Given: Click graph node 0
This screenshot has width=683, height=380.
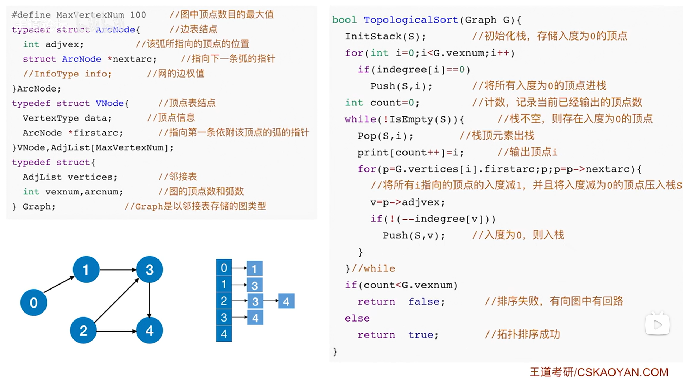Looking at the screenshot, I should (x=33, y=302).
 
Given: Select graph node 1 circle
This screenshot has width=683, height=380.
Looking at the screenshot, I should (x=86, y=269).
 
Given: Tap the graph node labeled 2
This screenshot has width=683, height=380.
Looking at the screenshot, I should (x=83, y=330).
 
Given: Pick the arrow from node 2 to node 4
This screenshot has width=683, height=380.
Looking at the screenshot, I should (x=116, y=331).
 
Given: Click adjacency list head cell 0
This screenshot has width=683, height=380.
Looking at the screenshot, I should (x=224, y=268).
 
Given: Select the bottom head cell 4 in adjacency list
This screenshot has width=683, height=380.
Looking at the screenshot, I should (x=224, y=334).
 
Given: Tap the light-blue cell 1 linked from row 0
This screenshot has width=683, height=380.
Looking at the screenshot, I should (x=254, y=268).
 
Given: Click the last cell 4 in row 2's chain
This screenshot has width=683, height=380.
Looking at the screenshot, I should (x=286, y=301).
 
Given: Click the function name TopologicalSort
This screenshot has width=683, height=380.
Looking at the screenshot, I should (x=411, y=20).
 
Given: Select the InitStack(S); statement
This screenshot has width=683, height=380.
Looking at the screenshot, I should (x=385, y=36).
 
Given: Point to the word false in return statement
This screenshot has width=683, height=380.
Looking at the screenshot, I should (x=426, y=302).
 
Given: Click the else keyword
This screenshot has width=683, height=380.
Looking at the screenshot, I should (x=357, y=318).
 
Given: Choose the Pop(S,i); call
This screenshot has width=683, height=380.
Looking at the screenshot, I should (x=385, y=136).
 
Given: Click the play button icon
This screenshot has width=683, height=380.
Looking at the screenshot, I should (x=657, y=325).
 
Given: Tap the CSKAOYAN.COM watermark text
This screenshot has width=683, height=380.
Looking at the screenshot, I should (x=622, y=372).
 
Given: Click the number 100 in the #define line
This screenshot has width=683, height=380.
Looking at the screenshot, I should (x=138, y=15).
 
